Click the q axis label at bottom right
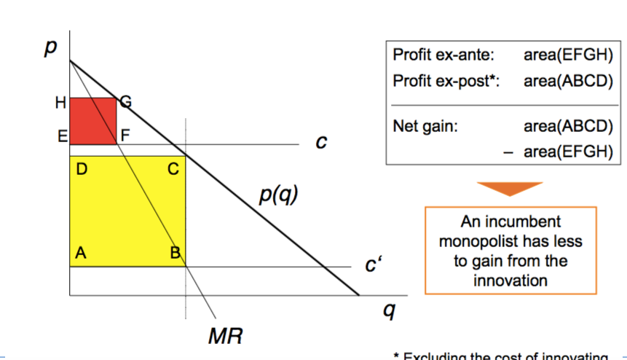tap(390, 311)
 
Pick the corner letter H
tap(60, 103)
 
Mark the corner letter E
tap(62, 135)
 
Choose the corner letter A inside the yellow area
tap(81, 254)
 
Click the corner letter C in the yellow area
tap(173, 170)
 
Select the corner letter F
tap(126, 135)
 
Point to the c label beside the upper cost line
tap(319, 143)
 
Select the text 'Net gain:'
tap(425, 126)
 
